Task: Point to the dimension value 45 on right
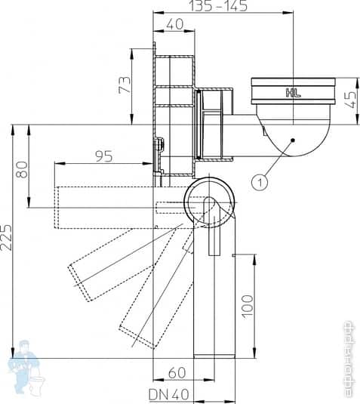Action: pyautogui.click(x=349, y=99)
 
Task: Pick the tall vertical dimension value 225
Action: pyautogui.click(x=7, y=239)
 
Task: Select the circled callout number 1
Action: pyautogui.click(x=260, y=181)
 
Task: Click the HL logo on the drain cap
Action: pyautogui.click(x=294, y=94)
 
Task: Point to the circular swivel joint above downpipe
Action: pyautogui.click(x=210, y=202)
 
